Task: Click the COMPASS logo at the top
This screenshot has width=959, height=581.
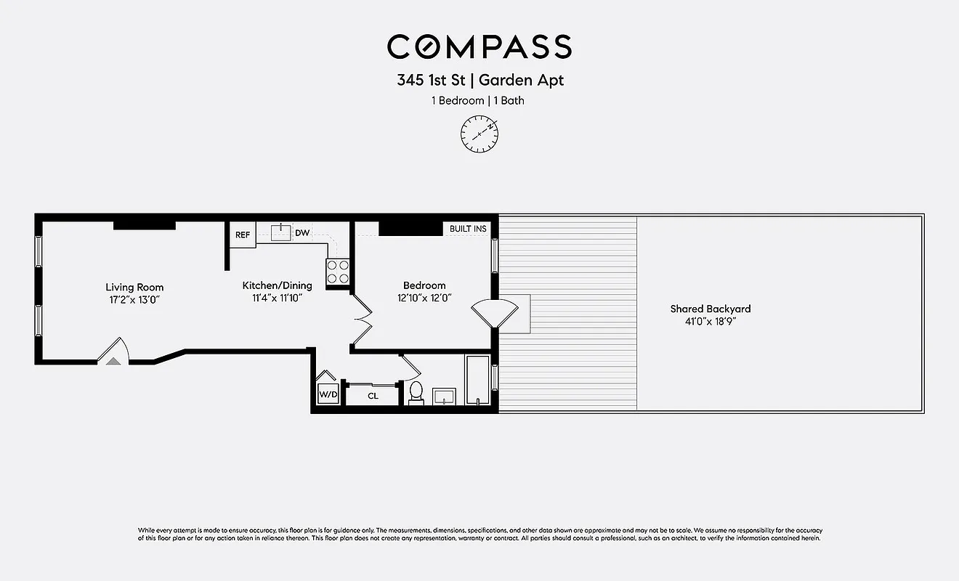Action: pyautogui.click(x=479, y=47)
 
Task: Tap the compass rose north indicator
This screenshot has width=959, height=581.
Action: pyautogui.click(x=479, y=134)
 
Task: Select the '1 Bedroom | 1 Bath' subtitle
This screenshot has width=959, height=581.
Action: pyautogui.click(x=479, y=101)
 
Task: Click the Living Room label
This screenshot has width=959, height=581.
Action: pyautogui.click(x=134, y=288)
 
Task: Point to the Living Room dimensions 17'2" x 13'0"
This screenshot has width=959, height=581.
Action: pyautogui.click(x=134, y=299)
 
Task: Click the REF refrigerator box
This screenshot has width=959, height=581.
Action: pyautogui.click(x=243, y=235)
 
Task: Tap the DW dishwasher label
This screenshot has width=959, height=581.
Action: pyautogui.click(x=302, y=233)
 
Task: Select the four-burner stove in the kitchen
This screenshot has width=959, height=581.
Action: pyautogui.click(x=337, y=272)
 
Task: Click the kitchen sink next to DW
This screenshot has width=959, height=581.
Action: pyautogui.click(x=280, y=232)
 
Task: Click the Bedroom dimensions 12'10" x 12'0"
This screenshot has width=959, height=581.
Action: pyautogui.click(x=425, y=298)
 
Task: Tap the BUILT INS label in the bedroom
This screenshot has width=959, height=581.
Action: pyautogui.click(x=468, y=229)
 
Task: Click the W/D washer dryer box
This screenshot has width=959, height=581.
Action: pyautogui.click(x=328, y=395)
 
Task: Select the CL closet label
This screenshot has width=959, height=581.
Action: pyautogui.click(x=373, y=397)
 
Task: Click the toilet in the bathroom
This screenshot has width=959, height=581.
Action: pyautogui.click(x=416, y=391)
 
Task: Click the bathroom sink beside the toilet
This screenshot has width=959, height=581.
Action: pyautogui.click(x=443, y=396)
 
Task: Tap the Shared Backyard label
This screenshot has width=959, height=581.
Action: pyautogui.click(x=710, y=309)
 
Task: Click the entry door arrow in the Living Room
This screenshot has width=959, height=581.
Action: pyautogui.click(x=113, y=359)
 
